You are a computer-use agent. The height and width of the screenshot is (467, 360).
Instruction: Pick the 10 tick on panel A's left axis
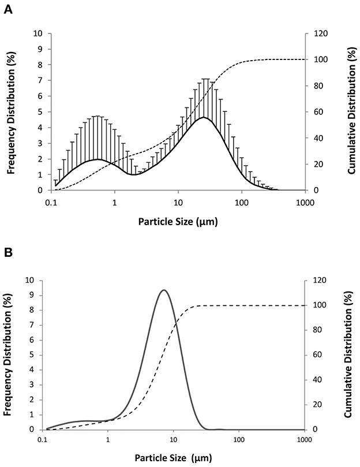[39, 33]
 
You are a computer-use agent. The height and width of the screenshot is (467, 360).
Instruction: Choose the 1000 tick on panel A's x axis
[304, 203]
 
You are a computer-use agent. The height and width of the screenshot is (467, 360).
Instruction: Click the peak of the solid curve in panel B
[164, 290]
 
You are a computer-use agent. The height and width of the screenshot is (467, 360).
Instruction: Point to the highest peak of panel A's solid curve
[203, 118]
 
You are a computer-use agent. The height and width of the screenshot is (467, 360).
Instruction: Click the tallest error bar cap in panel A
[205, 79]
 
